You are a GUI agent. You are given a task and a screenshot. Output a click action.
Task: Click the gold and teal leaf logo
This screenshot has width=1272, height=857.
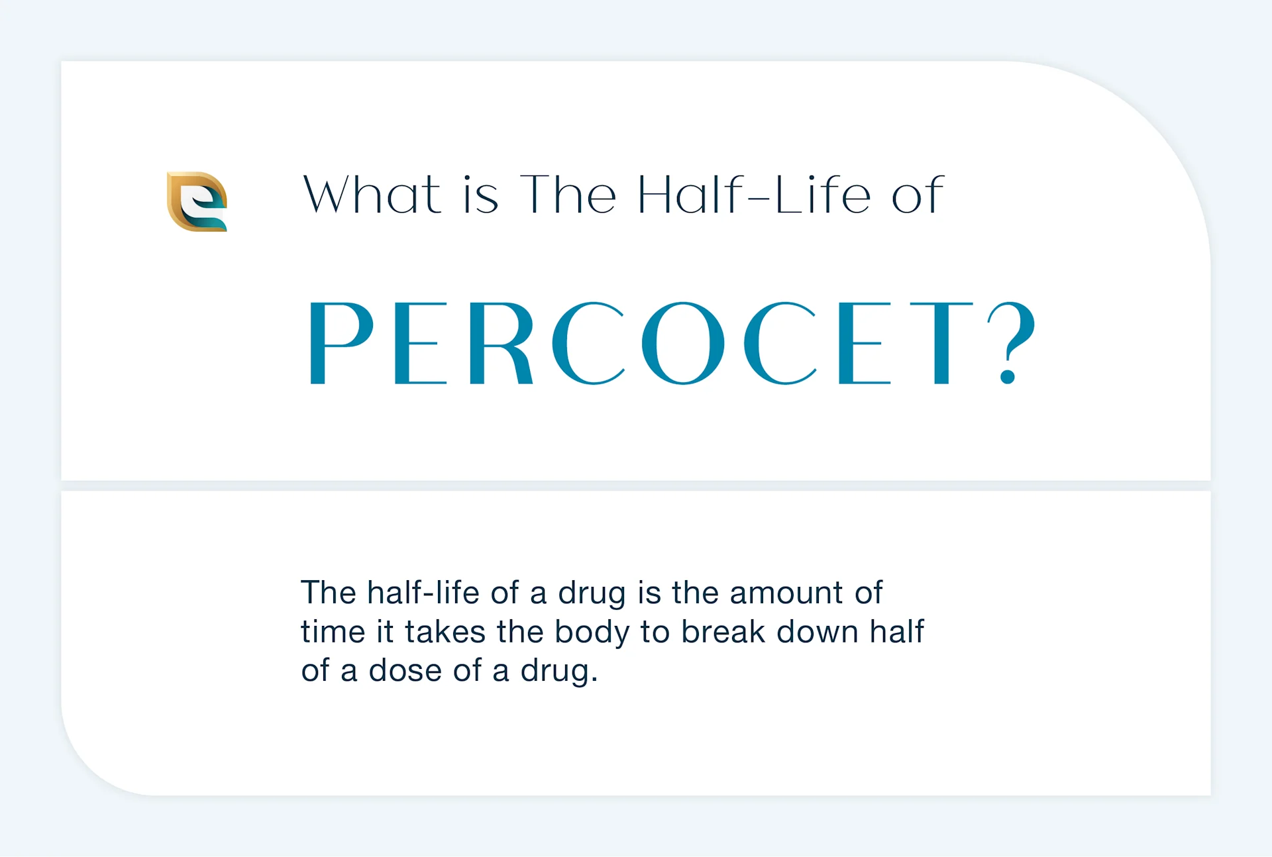(x=197, y=201)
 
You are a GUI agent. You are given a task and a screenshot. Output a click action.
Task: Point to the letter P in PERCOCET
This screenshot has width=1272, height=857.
(x=341, y=342)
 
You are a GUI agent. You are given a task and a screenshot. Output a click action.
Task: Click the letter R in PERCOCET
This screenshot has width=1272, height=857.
(x=500, y=342)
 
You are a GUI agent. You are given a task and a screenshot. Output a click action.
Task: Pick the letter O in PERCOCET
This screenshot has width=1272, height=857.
(x=683, y=342)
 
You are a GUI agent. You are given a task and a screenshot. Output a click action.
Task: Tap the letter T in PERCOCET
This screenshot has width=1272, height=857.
(x=941, y=342)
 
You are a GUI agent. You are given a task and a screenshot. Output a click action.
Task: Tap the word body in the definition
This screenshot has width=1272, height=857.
(x=592, y=632)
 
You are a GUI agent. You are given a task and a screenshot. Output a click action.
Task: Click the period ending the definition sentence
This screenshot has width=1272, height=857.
(x=594, y=680)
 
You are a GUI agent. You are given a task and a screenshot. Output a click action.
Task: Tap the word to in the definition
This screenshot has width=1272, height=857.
(x=655, y=632)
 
